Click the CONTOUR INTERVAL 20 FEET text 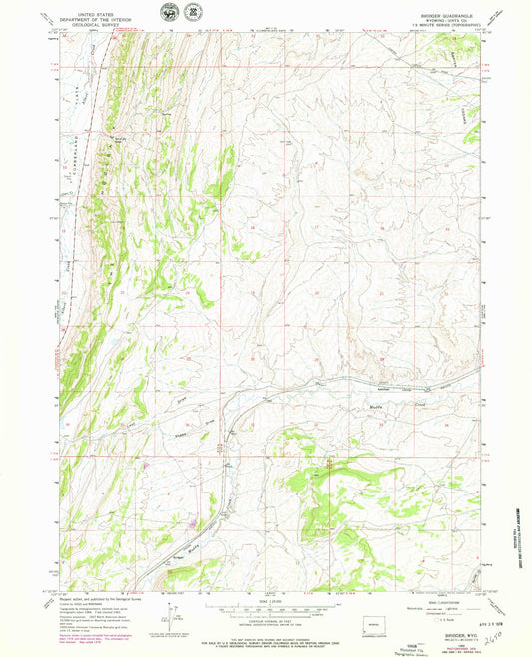click(265, 619)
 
